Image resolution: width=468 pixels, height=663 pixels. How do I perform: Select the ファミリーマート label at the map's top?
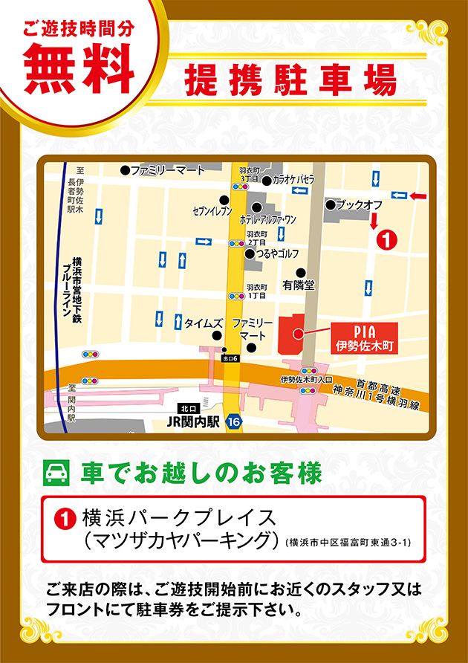point(167,170)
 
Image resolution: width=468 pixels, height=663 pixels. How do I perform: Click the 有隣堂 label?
point(299,284)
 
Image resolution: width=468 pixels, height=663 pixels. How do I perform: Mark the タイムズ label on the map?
point(202,323)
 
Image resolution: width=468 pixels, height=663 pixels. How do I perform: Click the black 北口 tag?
point(189,408)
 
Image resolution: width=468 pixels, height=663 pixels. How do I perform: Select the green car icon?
point(57,473)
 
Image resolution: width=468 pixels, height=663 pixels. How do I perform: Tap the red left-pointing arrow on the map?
point(418,195)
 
